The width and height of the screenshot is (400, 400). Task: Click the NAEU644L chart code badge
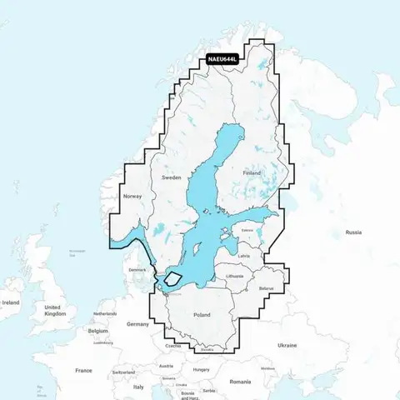[223, 60]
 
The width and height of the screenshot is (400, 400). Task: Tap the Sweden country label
[172, 177]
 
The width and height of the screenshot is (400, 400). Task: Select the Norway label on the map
[133, 197]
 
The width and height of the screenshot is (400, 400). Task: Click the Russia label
[353, 232]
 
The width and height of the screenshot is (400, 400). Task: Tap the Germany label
[137, 323]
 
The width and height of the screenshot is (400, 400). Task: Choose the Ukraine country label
[310, 345]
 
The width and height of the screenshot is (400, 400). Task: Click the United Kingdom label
[55, 311]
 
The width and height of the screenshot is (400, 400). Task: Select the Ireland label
[11, 302]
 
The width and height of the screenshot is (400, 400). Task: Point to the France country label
[83, 370]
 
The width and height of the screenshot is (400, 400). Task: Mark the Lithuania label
[235, 276]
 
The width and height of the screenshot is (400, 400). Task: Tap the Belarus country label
[266, 288]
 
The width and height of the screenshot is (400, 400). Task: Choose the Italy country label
[138, 387]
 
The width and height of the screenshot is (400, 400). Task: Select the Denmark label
[137, 270]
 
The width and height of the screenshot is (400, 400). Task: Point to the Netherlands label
[105, 314]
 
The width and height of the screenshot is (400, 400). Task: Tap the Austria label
[167, 366]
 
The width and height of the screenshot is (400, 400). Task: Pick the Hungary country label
[201, 369]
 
